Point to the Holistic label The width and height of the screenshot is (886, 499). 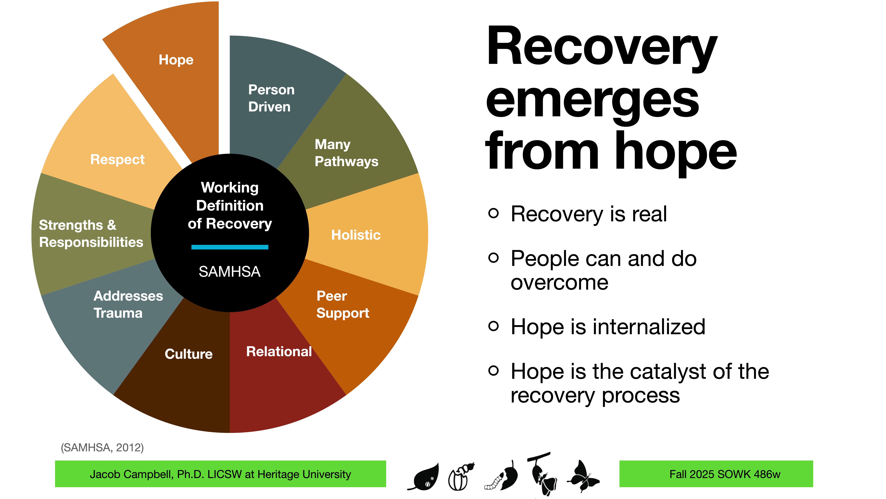click(x=356, y=235)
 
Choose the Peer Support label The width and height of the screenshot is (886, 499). click(x=342, y=304)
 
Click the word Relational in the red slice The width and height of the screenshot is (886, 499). click(x=279, y=352)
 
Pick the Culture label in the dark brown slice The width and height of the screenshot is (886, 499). click(x=188, y=354)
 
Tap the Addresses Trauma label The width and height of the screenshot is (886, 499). click(x=128, y=304)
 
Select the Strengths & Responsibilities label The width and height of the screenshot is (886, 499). click(x=91, y=234)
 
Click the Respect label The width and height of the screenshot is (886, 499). click(x=117, y=159)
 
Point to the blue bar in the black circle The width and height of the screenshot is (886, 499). click(x=230, y=247)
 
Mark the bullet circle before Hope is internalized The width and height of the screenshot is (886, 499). click(x=493, y=326)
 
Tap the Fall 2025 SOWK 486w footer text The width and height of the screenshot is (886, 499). click(x=725, y=474)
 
